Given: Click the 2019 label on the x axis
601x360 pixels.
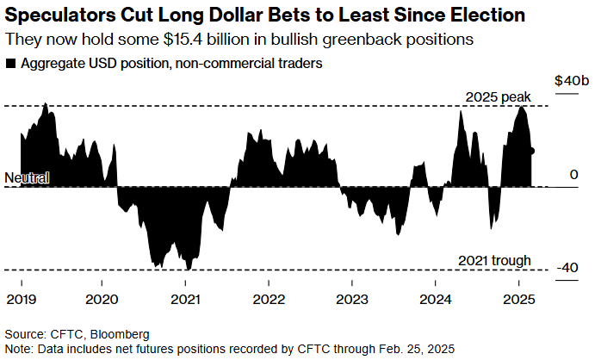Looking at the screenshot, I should (x=20, y=299).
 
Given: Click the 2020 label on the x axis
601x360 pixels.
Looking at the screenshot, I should (x=102, y=299).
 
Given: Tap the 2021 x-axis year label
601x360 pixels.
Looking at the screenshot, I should (x=186, y=299).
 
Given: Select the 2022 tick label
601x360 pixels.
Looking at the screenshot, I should (x=269, y=299).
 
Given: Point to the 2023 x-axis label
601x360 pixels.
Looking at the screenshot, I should (x=351, y=299).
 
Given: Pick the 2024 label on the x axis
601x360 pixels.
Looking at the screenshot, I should (x=435, y=299).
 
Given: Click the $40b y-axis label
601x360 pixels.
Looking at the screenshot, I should (x=572, y=80).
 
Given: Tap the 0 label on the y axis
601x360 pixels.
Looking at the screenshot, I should (x=572, y=175).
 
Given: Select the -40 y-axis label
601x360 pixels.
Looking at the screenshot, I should (x=567, y=268).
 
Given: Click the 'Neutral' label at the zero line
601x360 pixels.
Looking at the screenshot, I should (x=27, y=177).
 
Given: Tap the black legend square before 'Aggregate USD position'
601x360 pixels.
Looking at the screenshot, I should (x=9, y=64).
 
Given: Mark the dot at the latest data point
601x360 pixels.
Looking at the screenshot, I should (x=532, y=151).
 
